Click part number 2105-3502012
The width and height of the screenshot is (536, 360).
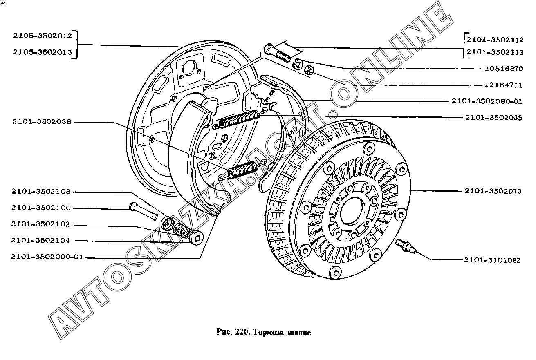[x=43, y=36]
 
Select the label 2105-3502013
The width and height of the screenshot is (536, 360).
[x=43, y=52]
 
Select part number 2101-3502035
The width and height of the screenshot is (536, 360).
[x=494, y=117]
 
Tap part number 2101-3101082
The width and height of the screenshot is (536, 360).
[x=492, y=260]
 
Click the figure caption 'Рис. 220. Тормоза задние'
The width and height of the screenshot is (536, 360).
[x=263, y=332]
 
